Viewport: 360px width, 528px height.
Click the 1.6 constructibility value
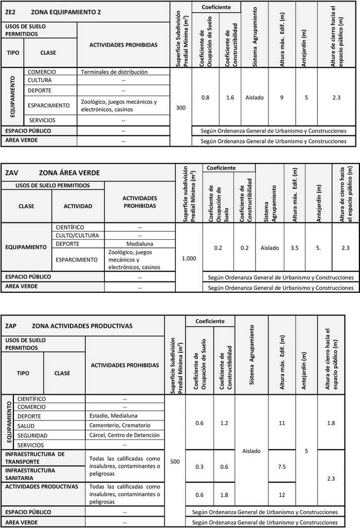[x=230, y=97]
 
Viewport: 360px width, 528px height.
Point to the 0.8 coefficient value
[x=205, y=97]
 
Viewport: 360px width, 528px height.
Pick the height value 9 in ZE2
[x=282, y=97]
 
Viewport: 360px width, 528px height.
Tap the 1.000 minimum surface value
[x=189, y=258]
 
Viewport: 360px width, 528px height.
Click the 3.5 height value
[x=295, y=248]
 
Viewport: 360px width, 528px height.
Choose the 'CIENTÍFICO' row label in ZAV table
[x=70, y=227]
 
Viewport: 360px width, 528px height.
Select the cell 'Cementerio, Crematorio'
[x=119, y=426]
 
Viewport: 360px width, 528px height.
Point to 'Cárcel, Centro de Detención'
[x=124, y=435]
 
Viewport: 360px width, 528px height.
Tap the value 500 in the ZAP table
[x=175, y=462]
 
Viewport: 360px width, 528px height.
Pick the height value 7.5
[x=281, y=467]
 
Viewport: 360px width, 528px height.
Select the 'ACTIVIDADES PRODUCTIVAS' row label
[x=42, y=486]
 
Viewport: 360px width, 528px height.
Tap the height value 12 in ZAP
[x=281, y=495]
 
